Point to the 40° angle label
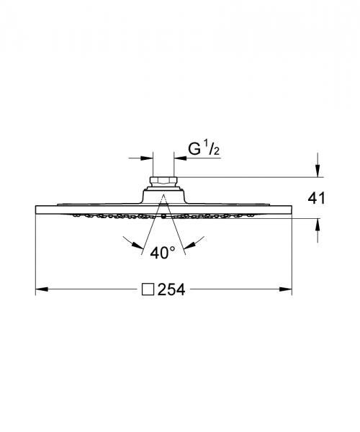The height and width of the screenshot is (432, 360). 163,252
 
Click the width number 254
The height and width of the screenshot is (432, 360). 171,289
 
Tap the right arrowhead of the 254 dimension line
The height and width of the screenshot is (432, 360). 287,289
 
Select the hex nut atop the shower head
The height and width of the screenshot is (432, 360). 163,181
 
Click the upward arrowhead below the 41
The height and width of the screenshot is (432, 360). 318,225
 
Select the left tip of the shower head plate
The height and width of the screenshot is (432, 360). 36,209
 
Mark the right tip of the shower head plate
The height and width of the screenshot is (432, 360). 291,209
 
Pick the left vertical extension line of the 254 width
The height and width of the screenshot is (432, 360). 36,252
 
